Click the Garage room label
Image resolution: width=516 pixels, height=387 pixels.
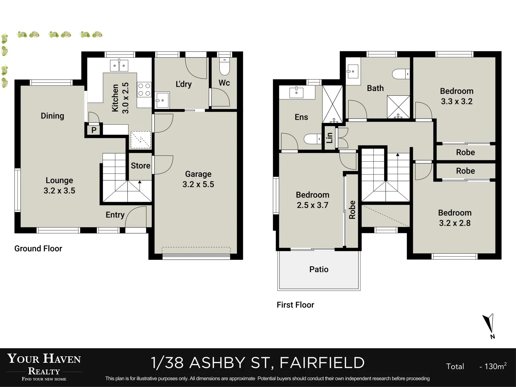(x=198, y=174)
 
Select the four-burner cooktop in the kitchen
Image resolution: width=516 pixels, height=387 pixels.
(x=144, y=90)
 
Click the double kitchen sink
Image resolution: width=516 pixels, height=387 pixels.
(x=119, y=66)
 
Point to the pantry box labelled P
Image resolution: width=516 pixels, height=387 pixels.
(x=94, y=130)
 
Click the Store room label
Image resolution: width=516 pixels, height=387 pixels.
(x=140, y=166)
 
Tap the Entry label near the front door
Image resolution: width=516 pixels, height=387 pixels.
(x=115, y=215)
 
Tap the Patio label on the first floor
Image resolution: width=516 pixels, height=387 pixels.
(x=319, y=269)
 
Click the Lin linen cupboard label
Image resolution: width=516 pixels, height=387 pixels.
(x=329, y=138)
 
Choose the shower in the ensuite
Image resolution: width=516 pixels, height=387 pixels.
(x=333, y=104)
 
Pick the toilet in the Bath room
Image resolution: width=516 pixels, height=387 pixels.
(x=401, y=74)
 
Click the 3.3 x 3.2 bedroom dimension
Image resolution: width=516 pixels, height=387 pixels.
(x=457, y=101)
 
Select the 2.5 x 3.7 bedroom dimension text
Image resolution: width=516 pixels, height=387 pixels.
(x=312, y=205)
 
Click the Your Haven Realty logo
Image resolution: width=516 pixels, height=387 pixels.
(x=44, y=366)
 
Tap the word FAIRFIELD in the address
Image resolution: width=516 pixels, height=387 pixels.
(x=322, y=363)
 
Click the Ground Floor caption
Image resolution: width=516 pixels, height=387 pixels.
(x=38, y=249)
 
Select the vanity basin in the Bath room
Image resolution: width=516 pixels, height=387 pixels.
(x=353, y=72)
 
